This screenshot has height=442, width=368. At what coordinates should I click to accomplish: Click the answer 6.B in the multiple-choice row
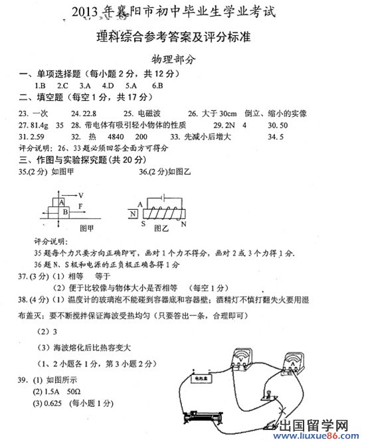tap(157, 86)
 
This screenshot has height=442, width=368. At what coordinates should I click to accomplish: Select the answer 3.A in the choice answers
tap(85, 86)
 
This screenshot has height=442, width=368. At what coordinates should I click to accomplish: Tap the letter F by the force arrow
tap(80, 206)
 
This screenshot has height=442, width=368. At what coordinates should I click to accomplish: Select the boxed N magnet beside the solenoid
tap(134, 214)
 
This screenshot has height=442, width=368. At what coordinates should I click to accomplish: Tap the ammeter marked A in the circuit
tap(290, 364)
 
